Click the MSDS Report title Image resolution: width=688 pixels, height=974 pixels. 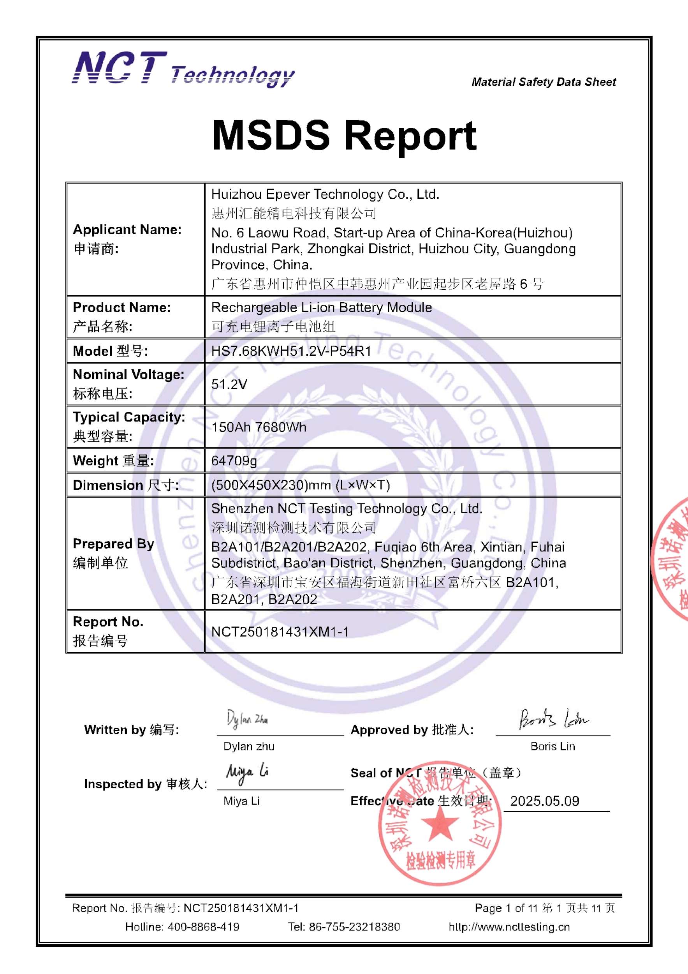tap(344, 135)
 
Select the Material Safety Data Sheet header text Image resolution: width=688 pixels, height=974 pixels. tap(544, 82)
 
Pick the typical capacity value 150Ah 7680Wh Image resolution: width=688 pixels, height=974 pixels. tap(259, 427)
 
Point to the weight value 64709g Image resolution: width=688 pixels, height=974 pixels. tap(234, 461)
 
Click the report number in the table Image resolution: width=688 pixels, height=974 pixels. tap(280, 632)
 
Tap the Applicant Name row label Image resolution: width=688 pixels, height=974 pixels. tap(127, 229)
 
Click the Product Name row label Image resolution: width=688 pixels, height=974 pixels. tap(121, 307)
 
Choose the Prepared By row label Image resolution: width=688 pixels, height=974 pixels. tap(113, 544)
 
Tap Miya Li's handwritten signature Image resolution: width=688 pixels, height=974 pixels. tap(247, 773)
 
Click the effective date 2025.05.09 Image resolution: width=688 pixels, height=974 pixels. tap(544, 801)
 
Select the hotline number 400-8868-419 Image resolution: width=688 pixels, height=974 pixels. tap(203, 926)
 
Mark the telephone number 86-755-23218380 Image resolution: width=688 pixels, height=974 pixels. tap(354, 926)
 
